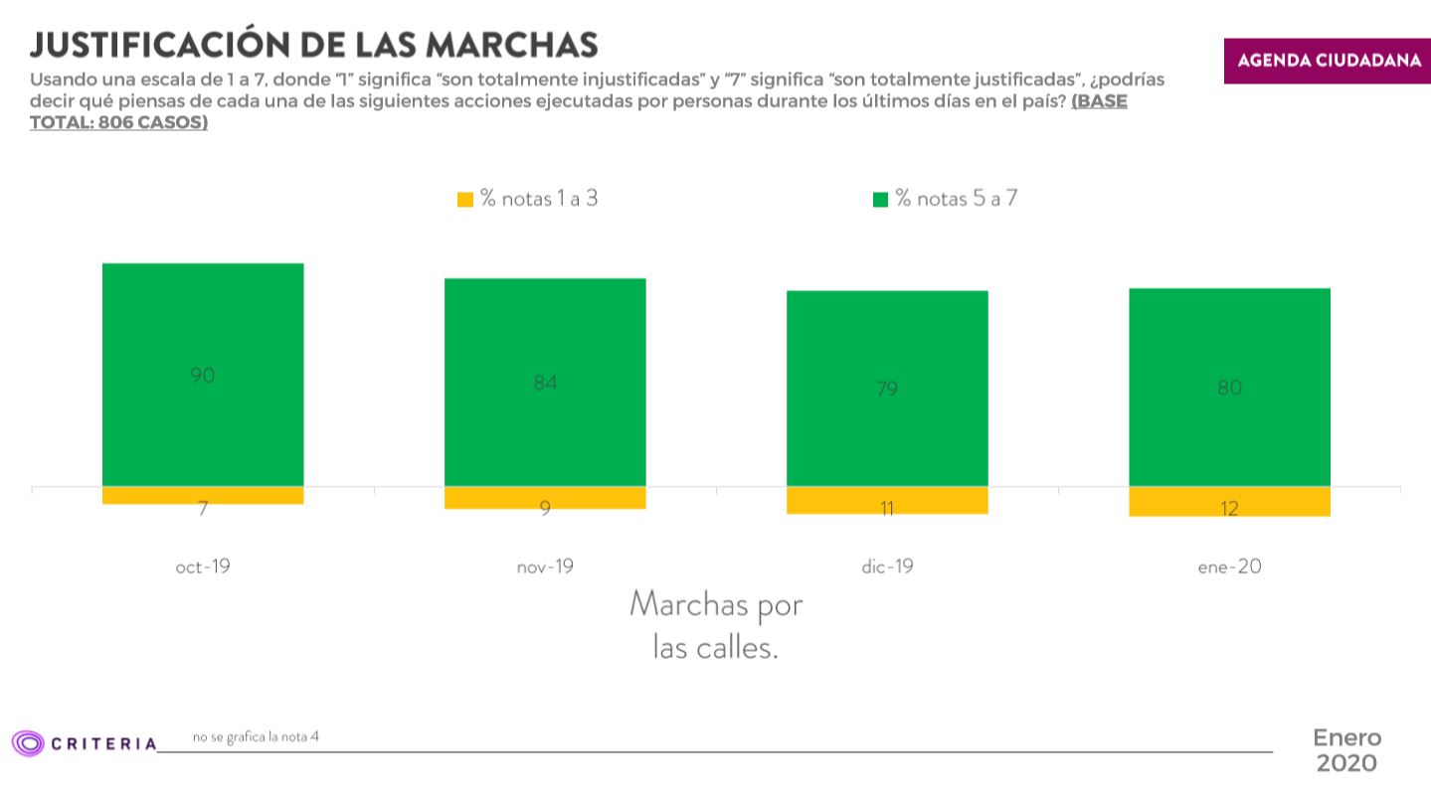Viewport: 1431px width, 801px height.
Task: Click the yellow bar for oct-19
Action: click(x=203, y=495)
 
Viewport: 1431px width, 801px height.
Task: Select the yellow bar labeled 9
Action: click(x=545, y=498)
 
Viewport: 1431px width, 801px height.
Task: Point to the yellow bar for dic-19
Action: click(x=887, y=500)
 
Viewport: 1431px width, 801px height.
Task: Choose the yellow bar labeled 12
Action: click(x=1229, y=502)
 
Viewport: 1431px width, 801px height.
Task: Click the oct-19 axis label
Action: click(x=203, y=567)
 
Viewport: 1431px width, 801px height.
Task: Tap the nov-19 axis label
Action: click(x=545, y=567)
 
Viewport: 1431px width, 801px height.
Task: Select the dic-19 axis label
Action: click(x=887, y=567)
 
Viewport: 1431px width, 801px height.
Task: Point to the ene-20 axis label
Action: click(x=1229, y=567)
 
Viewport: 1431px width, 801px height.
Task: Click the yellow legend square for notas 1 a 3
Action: click(x=464, y=200)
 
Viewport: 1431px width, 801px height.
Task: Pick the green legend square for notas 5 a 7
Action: click(x=880, y=200)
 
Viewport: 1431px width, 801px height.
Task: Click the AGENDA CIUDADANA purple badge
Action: click(x=1328, y=61)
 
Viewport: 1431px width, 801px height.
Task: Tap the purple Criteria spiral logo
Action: click(x=28, y=742)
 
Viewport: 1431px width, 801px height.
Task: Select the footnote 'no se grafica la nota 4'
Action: click(x=256, y=736)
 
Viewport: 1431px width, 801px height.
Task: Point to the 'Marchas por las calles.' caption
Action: click(x=716, y=625)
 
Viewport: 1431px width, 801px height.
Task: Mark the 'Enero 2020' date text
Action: click(x=1346, y=750)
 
